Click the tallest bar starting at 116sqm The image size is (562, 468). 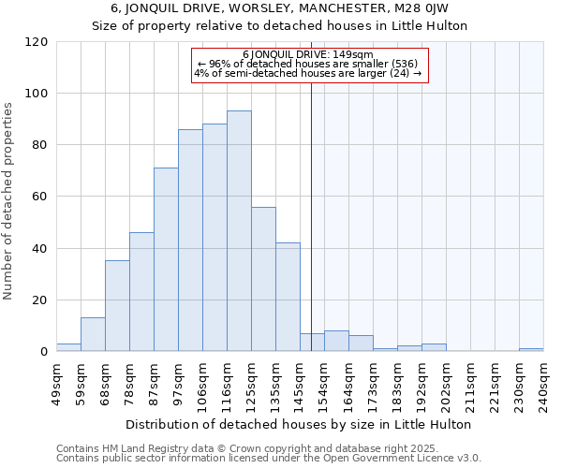point(239,231)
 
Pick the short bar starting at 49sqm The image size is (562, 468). point(68,347)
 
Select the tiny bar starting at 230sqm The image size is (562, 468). point(531,350)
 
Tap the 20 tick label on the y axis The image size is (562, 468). point(39,300)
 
